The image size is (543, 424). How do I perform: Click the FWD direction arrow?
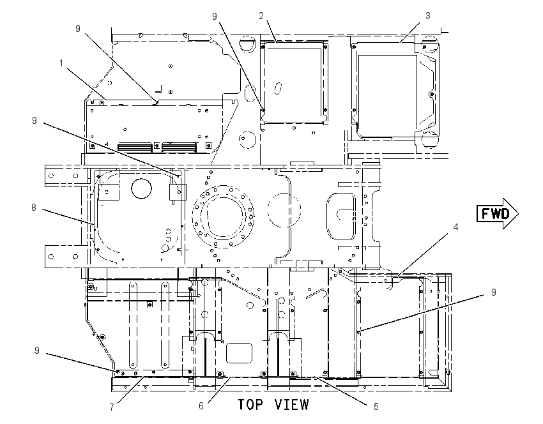coord(497,213)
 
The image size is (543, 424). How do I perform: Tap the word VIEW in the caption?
coord(291,405)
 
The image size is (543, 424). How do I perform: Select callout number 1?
coord(61,63)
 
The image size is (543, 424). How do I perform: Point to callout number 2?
coord(261,15)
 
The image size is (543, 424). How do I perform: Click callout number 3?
coord(427,16)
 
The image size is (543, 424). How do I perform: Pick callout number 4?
coord(455,227)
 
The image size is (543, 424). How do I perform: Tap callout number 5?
coord(376,407)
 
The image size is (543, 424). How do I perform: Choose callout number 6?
coord(201,405)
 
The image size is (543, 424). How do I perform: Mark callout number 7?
coord(112,407)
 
